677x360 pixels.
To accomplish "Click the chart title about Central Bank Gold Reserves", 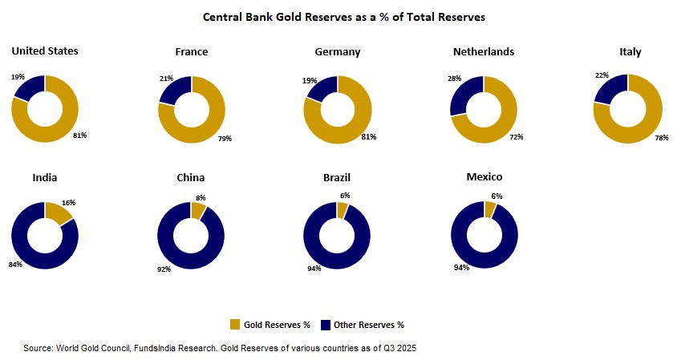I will [x=343, y=16].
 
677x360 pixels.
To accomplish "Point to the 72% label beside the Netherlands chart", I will [x=516, y=137].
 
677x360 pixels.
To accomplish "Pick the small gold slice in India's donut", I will [x=60, y=212].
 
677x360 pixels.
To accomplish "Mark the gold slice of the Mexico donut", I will [x=490, y=208].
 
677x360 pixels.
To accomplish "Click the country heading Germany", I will [x=338, y=52].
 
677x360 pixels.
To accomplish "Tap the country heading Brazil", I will [x=337, y=177].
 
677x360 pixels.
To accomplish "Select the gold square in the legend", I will [x=235, y=324].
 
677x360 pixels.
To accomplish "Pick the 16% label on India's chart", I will [x=69, y=203].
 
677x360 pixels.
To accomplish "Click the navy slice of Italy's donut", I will [x=608, y=89].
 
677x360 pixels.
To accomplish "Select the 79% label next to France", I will [x=225, y=138].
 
